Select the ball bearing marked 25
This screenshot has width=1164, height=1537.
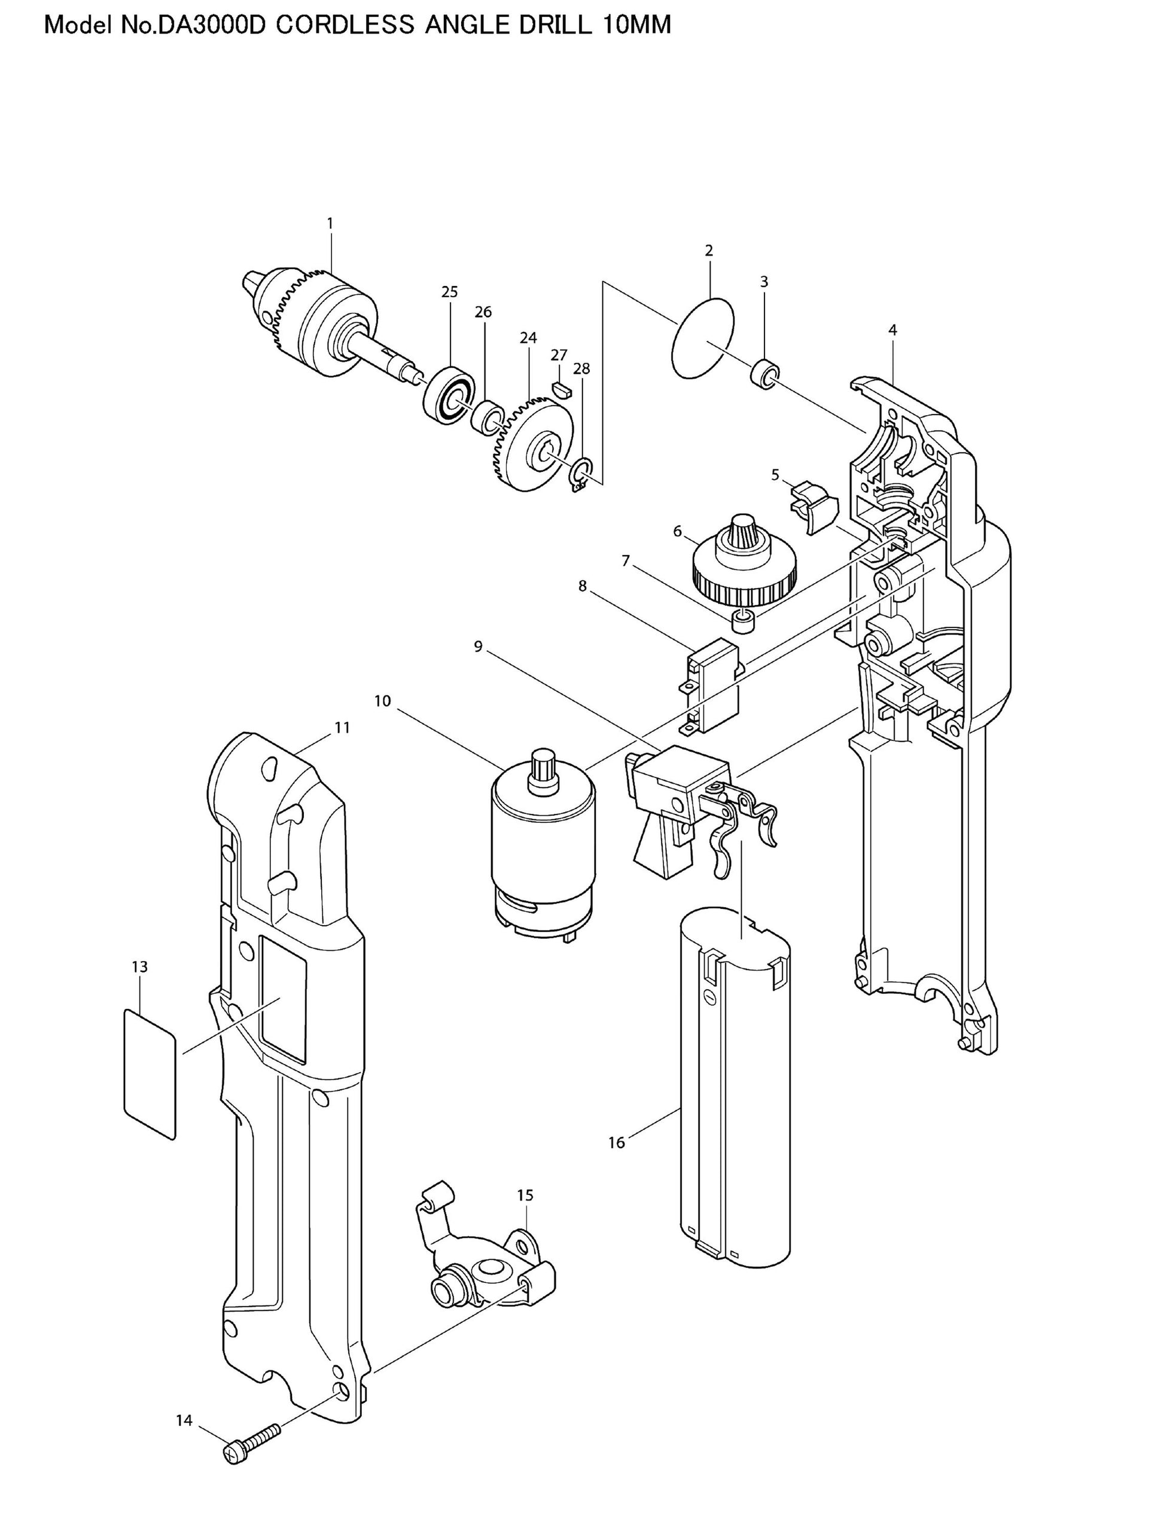(x=450, y=394)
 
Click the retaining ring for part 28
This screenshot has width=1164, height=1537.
(x=580, y=476)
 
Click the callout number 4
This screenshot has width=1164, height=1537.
(x=893, y=331)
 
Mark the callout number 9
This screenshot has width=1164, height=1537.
(x=478, y=647)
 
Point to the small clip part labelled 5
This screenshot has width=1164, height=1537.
(x=813, y=506)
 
